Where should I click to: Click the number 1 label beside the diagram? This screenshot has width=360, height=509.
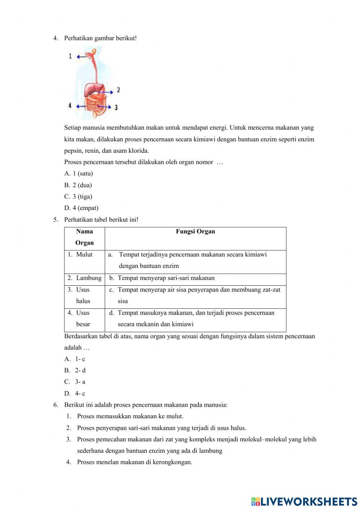tap(70, 56)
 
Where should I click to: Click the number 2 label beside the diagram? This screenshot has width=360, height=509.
tap(118, 90)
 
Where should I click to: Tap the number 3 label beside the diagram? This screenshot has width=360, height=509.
tap(116, 107)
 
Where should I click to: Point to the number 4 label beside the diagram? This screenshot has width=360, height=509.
tap(70, 106)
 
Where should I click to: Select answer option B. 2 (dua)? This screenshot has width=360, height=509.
tap(78, 185)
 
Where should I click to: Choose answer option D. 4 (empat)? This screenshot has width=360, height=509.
tap(81, 208)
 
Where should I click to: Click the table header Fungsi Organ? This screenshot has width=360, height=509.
tap(195, 232)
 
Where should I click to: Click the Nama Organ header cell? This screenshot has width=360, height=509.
tap(85, 237)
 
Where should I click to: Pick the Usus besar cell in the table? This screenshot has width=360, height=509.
tap(83, 318)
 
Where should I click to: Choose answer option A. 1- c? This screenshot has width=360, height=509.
tap(75, 359)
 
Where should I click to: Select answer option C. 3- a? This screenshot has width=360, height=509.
tap(75, 382)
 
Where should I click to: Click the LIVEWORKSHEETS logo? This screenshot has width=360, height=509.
tap(304, 501)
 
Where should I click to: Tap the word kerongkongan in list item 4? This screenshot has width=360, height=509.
tap(172, 462)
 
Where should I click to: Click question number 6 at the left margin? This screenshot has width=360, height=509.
tap(56, 405)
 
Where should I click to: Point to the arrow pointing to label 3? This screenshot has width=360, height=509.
tap(104, 107)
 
